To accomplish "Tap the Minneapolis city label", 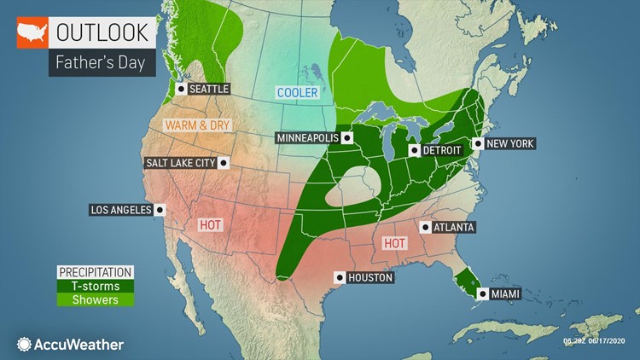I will pos(307,137).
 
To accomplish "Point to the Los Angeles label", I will pos(120,209).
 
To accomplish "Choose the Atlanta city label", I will pos(453,227).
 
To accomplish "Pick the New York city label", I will pos(511,143).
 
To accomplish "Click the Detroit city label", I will pos(443,150).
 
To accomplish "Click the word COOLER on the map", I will pos(296,92).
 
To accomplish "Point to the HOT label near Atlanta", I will pos(394,243).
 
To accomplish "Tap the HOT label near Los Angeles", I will pos(210,224).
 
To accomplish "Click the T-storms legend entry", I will pos(95,286).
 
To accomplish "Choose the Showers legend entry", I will pos(95,299).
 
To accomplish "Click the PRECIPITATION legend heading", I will pos(95,272).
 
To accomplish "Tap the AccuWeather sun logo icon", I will pos(23,345).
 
